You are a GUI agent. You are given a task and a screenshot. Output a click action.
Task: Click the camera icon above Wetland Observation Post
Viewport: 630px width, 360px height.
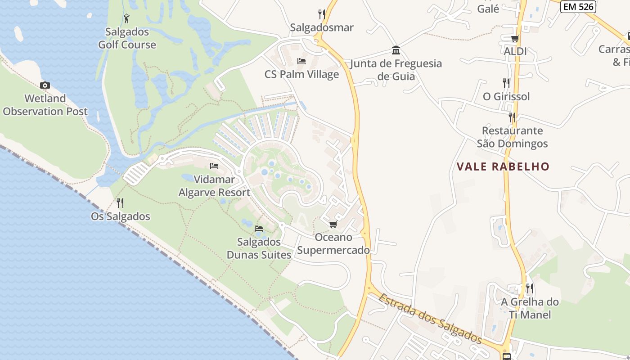[45, 85]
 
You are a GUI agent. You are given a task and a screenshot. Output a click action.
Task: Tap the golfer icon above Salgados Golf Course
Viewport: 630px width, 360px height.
[127, 18]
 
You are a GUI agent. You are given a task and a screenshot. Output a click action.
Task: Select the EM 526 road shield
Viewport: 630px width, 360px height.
[578, 6]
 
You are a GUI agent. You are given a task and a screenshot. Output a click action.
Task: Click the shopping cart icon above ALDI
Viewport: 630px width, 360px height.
[515, 39]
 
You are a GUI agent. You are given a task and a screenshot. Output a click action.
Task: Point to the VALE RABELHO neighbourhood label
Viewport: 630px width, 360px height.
[503, 166]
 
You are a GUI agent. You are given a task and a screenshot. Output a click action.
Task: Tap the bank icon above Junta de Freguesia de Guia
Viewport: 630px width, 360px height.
[396, 49]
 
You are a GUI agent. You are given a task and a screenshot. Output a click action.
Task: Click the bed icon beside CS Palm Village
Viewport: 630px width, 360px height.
[301, 61]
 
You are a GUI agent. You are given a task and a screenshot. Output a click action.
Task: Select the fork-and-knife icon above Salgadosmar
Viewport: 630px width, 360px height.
[321, 14]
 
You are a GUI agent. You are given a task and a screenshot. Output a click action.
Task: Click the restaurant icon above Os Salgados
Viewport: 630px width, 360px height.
[120, 202]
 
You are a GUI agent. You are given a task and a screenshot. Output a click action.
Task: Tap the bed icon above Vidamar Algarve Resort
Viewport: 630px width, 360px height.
[214, 166]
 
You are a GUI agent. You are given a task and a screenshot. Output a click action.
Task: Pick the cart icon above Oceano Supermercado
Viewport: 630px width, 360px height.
[333, 224]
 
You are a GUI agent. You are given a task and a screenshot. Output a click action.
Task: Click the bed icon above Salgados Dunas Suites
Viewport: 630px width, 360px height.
[259, 229]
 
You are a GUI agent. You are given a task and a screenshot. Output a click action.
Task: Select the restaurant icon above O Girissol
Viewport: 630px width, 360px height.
[506, 83]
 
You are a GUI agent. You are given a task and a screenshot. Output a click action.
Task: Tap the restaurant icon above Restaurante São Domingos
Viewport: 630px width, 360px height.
[512, 117]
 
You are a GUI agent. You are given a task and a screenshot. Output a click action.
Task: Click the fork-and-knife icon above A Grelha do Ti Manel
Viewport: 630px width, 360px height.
[530, 288]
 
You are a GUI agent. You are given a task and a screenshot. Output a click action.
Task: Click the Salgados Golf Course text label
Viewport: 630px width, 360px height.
[127, 38]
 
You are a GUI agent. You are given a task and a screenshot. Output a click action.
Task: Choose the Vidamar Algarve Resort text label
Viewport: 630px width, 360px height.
[214, 186]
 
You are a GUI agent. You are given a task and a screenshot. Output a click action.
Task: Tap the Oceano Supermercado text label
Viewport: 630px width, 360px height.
[333, 243]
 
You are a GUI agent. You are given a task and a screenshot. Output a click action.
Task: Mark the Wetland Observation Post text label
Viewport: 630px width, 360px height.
[45, 105]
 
